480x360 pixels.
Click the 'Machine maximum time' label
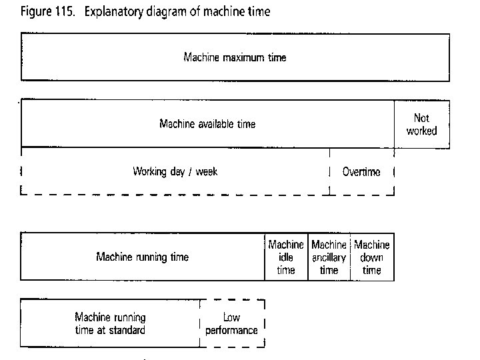pos(235,57)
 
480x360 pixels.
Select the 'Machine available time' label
pos(207,124)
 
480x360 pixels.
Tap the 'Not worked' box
pos(421,124)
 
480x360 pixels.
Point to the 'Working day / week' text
pos(175,171)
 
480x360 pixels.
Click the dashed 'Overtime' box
pos(361,172)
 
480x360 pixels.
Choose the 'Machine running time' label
pos(142,257)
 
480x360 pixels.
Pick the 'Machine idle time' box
pos(286,257)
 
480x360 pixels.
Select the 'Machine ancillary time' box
pos(329,257)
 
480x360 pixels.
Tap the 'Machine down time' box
pos(372,257)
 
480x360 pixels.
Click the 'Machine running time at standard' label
pos(110,323)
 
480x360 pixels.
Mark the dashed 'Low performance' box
pos(231,324)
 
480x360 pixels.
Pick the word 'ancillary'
pos(329,257)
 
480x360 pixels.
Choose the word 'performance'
pos(231,331)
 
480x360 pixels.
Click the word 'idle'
pos(285,257)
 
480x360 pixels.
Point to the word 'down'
pos(372,257)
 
